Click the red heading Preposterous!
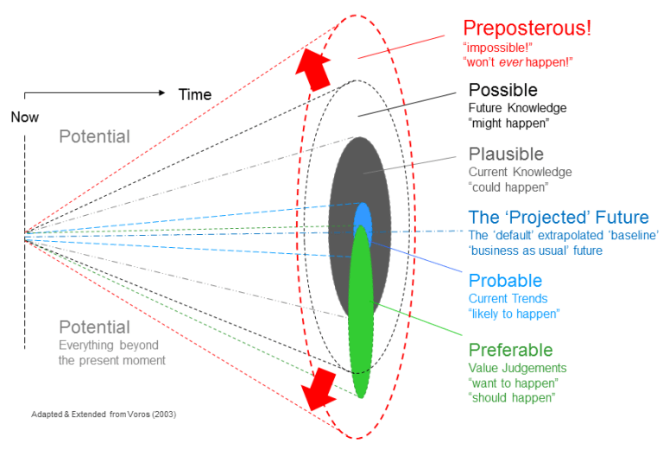[527, 28]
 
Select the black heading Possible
[502, 90]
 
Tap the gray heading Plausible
[506, 155]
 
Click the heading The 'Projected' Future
[559, 218]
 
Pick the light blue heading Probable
[505, 281]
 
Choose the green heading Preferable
[510, 350]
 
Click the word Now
[24, 117]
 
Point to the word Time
[194, 95]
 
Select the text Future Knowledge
[517, 108]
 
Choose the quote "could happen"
[508, 187]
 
